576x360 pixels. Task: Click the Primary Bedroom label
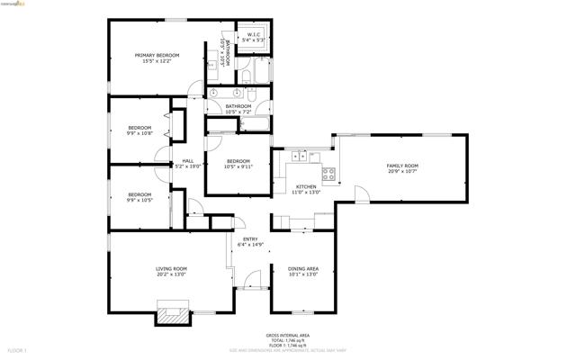click(x=157, y=58)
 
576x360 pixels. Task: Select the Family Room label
click(x=402, y=168)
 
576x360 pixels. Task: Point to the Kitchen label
click(x=306, y=189)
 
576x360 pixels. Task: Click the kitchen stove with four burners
click(x=329, y=174)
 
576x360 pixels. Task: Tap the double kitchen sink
click(x=298, y=157)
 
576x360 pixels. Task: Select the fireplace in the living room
click(x=173, y=314)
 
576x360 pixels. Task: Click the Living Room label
click(x=171, y=271)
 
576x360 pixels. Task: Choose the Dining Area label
click(x=302, y=272)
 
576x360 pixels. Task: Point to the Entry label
click(x=250, y=241)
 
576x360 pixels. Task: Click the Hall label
click(x=188, y=163)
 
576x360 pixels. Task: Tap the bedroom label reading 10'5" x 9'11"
click(x=238, y=164)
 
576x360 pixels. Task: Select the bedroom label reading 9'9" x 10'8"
click(x=139, y=130)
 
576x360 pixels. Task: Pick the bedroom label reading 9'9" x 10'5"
click(x=139, y=197)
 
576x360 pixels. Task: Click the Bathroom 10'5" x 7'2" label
click(x=238, y=109)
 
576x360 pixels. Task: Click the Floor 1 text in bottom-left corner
click(x=18, y=349)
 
